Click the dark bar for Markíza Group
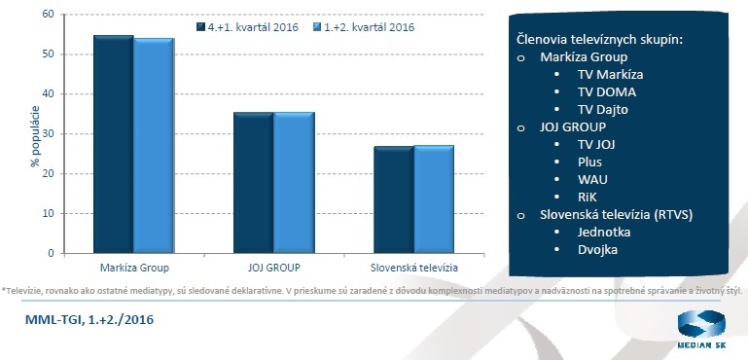[x=113, y=146]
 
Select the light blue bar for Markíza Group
[x=153, y=148]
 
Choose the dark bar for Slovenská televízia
[x=393, y=200]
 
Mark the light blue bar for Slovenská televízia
[x=433, y=199]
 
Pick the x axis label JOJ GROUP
[x=273, y=266]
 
